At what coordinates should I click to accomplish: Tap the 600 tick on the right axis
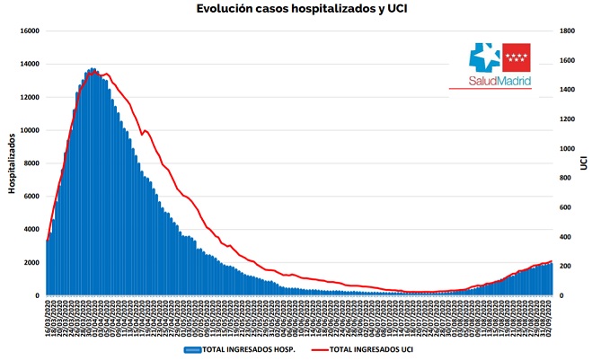click(x=562, y=207)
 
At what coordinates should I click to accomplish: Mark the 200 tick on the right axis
click(x=562, y=267)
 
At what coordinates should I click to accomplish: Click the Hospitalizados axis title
click(x=12, y=162)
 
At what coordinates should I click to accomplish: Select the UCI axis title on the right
click(x=583, y=162)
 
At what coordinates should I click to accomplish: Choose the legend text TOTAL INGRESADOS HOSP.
click(x=251, y=349)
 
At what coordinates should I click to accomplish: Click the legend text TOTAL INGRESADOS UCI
click(x=370, y=349)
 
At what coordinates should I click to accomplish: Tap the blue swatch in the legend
click(x=192, y=349)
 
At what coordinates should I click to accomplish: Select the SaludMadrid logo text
click(x=499, y=81)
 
